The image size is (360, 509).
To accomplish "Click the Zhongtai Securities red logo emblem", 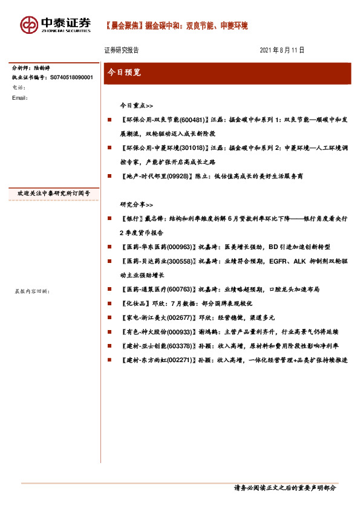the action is click(x=28, y=25).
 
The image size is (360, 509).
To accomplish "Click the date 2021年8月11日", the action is click(x=281, y=50).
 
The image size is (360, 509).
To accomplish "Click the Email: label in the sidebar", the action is click(x=20, y=97).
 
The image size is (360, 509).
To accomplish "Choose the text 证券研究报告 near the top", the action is click(x=122, y=50).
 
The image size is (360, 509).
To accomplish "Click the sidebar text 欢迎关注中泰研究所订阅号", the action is click(x=54, y=193).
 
